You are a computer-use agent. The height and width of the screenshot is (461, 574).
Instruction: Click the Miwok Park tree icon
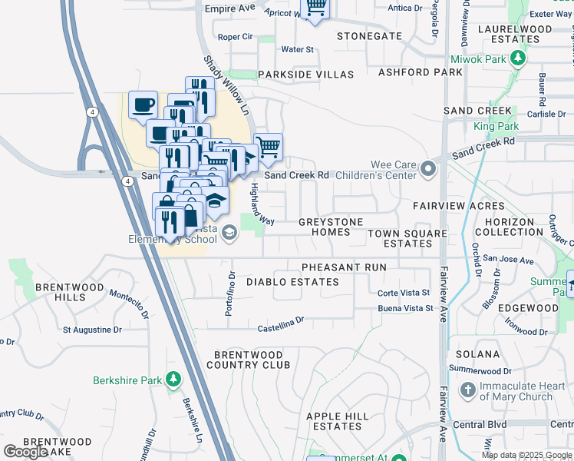point(520,58)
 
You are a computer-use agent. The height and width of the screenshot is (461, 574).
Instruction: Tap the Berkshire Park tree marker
point(173,380)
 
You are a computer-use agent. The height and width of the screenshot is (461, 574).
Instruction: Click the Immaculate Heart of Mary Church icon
point(467,390)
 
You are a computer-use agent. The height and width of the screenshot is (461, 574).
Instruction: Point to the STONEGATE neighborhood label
point(370,36)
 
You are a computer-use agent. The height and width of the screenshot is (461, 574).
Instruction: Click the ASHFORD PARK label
point(421,72)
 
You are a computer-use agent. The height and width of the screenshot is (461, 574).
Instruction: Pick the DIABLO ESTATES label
point(292,282)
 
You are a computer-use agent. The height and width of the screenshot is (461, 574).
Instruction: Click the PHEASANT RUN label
point(343,267)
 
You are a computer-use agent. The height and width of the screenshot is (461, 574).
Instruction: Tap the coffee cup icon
point(143,105)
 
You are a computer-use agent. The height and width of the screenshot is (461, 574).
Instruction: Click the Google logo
point(25,452)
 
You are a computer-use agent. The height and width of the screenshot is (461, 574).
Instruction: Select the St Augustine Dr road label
point(92,330)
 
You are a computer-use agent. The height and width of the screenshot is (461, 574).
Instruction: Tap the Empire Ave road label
point(229,8)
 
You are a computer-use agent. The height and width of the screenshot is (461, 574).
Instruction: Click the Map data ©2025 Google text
point(526,455)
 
